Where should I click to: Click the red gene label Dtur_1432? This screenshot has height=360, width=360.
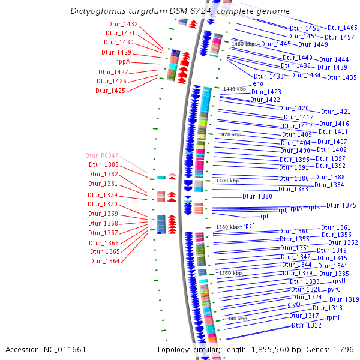coord(122,24)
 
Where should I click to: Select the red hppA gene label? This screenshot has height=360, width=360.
coord(122,61)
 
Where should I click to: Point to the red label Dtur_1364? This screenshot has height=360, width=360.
coord(105,261)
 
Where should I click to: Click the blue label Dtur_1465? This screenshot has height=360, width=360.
coord(343,28)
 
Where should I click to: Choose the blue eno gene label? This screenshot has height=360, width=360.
coord(257,83)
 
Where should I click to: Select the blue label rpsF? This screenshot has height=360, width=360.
coord(248,226)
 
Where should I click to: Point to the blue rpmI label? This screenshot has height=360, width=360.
coord(333,318)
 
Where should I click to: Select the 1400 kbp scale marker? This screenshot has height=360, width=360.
coord(227,181)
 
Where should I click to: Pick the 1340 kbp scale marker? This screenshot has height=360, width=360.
coord(235,319)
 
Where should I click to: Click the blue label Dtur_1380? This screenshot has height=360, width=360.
coord(257,196)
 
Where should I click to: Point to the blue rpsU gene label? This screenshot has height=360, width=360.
coord(338,281)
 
